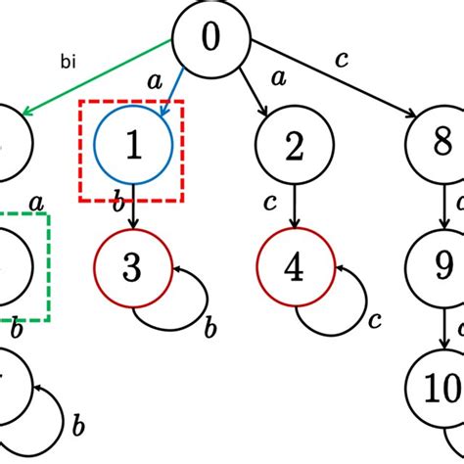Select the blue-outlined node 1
[x=134, y=146]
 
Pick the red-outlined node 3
[x=134, y=266]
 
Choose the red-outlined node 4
[x=295, y=266]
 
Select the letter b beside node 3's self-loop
[x=209, y=330]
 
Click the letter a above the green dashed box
[x=37, y=203]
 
